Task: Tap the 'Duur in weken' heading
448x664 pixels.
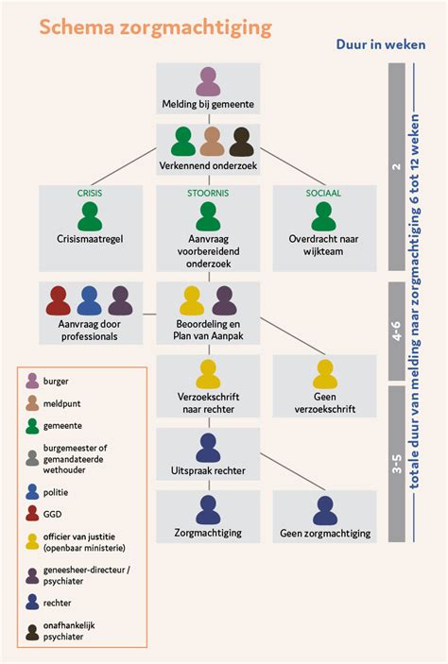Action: click(x=380, y=44)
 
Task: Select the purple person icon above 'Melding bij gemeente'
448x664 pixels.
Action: click(x=208, y=82)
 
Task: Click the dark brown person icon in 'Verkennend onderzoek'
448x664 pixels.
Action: click(x=242, y=142)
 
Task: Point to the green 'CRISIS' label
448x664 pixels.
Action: click(x=90, y=193)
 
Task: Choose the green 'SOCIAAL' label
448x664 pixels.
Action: click(x=324, y=193)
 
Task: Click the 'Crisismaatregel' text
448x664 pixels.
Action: click(x=90, y=240)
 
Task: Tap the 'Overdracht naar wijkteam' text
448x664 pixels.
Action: click(x=324, y=247)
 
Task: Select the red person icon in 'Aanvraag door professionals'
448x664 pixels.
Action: click(x=59, y=300)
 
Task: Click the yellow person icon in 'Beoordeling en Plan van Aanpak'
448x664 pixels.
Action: click(x=192, y=300)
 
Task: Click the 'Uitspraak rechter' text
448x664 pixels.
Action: click(x=208, y=470)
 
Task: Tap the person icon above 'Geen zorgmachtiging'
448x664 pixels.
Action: click(x=324, y=510)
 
